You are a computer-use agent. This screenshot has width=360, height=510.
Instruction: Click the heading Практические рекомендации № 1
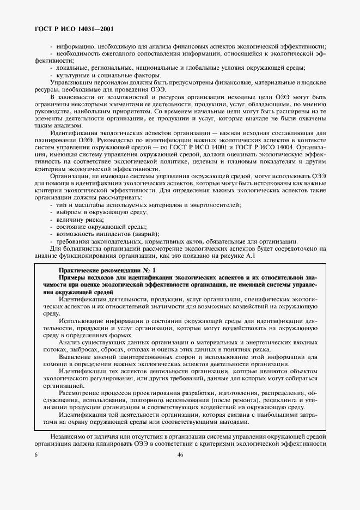click(x=107, y=270)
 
